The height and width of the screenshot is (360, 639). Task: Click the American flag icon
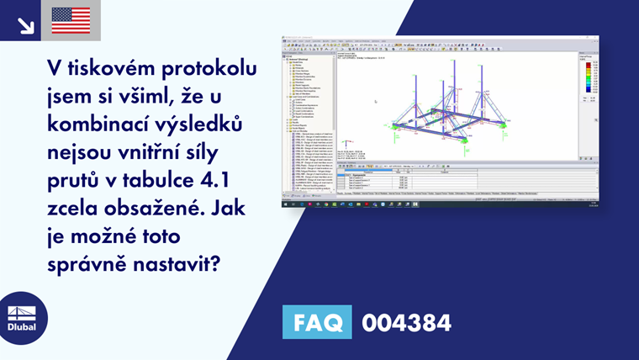(x=71, y=20)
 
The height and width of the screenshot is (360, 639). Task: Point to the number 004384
(x=406, y=322)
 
